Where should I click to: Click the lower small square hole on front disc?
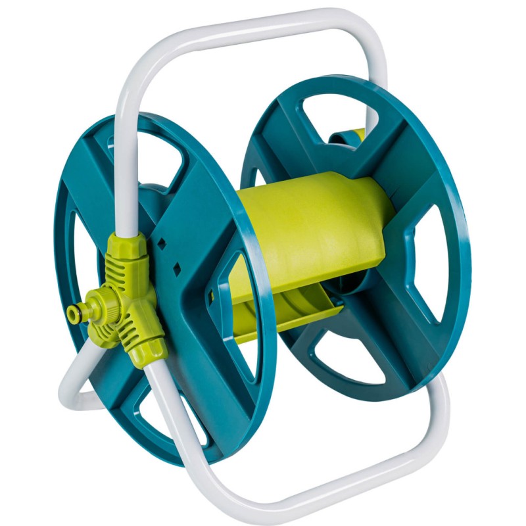pos(176,268)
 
